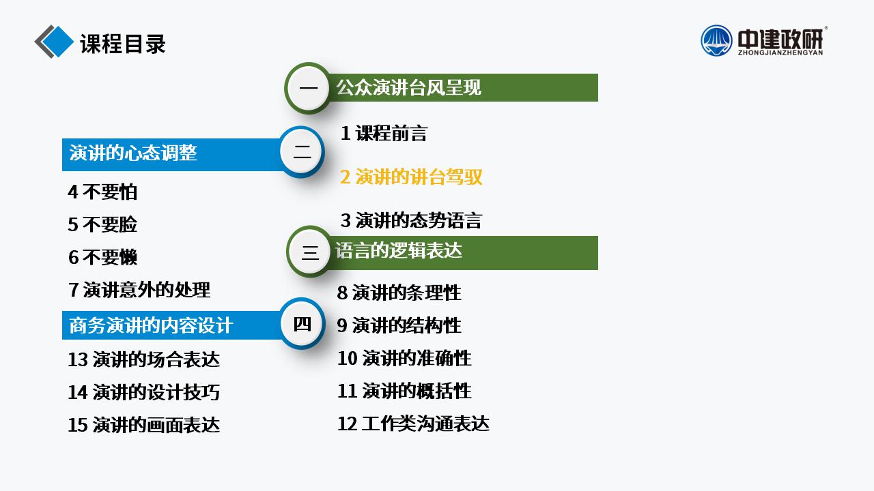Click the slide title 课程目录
(122, 44)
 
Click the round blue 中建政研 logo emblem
(716, 40)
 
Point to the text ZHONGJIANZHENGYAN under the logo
(780, 53)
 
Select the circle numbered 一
(308, 88)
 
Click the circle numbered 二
(302, 151)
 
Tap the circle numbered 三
(310, 252)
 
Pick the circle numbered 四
(302, 323)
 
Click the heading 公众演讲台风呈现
(408, 87)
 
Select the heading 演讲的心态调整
(133, 153)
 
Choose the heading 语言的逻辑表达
(399, 250)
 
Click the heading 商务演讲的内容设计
(151, 325)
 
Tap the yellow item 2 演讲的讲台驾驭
(411, 177)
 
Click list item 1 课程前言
(384, 133)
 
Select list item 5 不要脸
(102, 224)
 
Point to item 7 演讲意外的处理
(139, 290)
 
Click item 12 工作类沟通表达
(413, 423)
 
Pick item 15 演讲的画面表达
(143, 425)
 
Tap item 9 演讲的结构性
(399, 325)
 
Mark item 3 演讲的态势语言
(411, 220)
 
